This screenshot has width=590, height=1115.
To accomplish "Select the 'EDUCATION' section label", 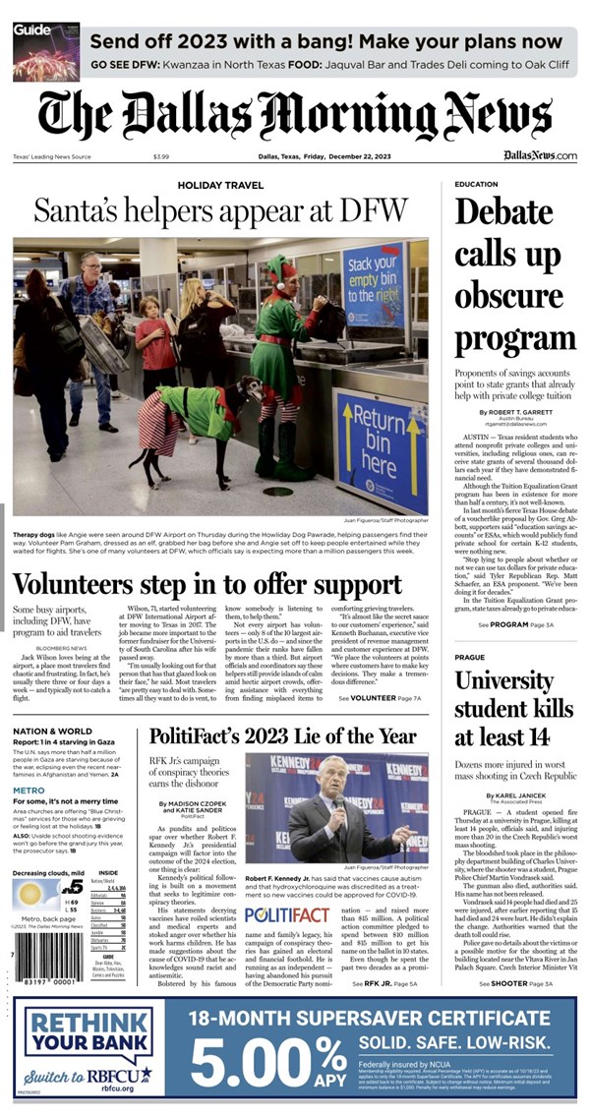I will coord(476,184).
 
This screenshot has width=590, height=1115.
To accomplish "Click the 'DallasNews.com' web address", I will coord(540,156).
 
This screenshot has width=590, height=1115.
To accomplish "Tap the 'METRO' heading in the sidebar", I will coord(29,790).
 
